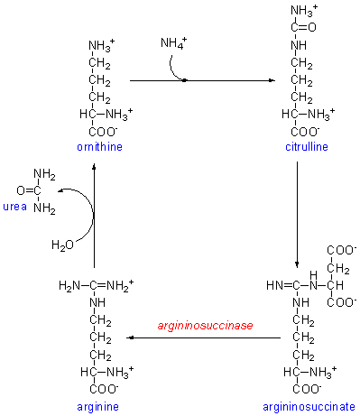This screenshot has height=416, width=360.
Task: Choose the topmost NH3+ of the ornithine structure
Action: [x=101, y=46]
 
